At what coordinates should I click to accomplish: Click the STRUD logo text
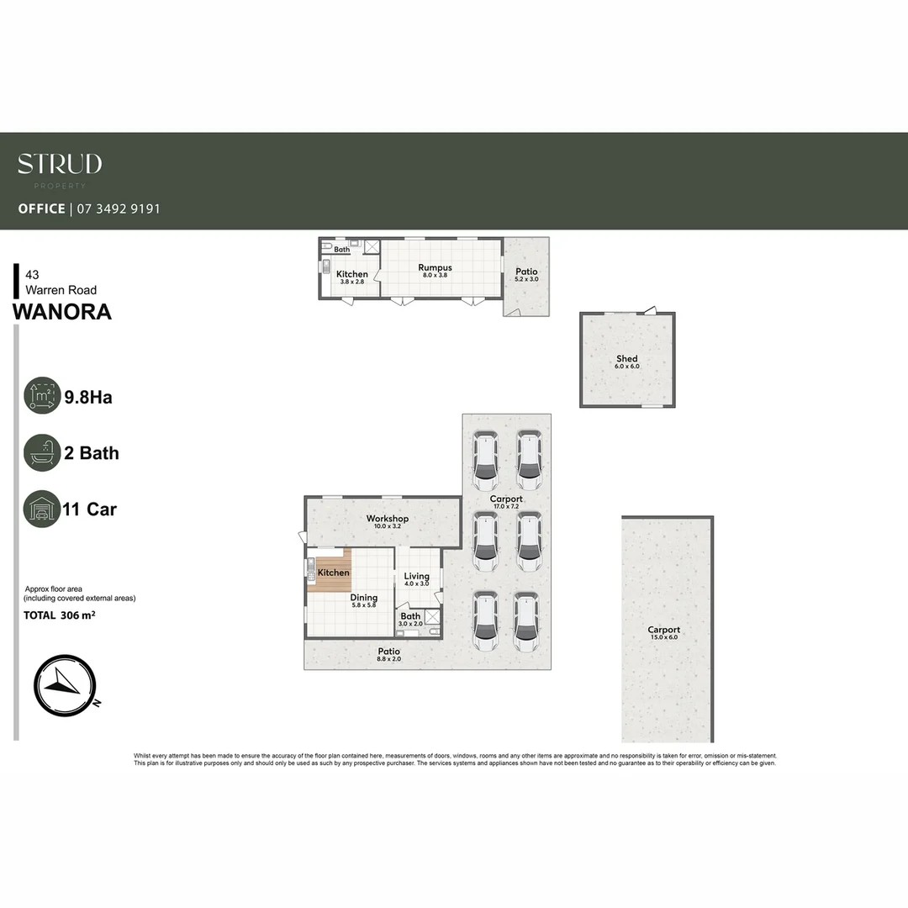[x=60, y=163]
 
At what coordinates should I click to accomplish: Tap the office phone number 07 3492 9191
[x=119, y=209]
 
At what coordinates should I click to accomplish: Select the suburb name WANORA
[x=62, y=312]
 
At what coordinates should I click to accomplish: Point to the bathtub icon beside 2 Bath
[x=42, y=453]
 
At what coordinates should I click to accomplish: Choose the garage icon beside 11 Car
[x=42, y=509]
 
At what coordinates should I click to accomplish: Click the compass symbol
[x=66, y=685]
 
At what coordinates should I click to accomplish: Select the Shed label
[x=627, y=359]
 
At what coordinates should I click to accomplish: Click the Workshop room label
[x=388, y=519]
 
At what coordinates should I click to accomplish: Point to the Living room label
[x=416, y=577]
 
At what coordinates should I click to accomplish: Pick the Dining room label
[x=364, y=598]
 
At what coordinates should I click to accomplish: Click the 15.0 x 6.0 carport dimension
[x=663, y=638]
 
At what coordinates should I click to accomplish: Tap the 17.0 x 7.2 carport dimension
[x=506, y=507]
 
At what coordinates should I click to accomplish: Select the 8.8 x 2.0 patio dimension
[x=388, y=660]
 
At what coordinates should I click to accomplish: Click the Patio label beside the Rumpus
[x=526, y=272]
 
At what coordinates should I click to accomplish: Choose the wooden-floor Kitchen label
[x=334, y=573]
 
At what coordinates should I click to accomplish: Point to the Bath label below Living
[x=410, y=616]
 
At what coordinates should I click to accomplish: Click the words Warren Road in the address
[x=61, y=290]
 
